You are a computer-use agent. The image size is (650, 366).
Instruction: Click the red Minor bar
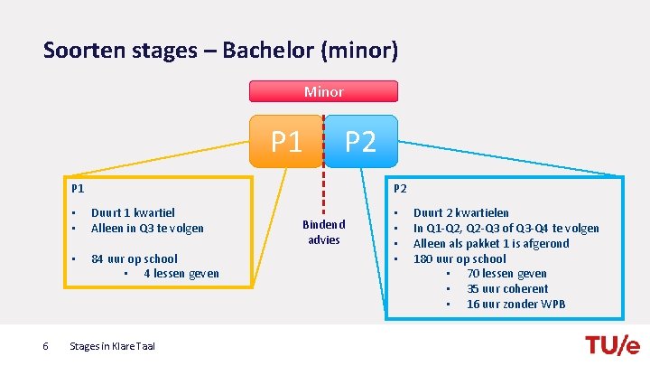click(x=323, y=91)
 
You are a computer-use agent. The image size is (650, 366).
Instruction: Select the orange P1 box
click(x=286, y=142)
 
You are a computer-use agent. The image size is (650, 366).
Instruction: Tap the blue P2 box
click(x=361, y=142)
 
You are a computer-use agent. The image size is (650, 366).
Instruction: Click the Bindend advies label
click(x=323, y=231)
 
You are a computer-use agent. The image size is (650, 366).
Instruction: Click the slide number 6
click(x=45, y=345)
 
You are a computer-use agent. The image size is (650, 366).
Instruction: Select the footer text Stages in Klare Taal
click(x=112, y=345)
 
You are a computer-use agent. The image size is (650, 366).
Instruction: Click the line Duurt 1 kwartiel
click(x=133, y=213)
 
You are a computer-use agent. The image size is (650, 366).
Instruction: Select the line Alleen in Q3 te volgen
click(x=147, y=228)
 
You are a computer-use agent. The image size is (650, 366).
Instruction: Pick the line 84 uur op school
click(x=135, y=258)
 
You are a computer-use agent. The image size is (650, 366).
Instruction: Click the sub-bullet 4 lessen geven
click(x=181, y=273)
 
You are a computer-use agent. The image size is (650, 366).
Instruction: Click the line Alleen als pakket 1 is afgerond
click(x=491, y=243)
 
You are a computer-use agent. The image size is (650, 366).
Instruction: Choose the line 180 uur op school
click(x=460, y=258)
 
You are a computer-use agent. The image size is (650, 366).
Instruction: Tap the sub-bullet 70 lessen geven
click(x=506, y=273)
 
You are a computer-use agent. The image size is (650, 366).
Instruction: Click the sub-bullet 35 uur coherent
click(x=507, y=288)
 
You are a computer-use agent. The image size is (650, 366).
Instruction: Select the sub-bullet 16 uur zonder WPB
click(x=515, y=304)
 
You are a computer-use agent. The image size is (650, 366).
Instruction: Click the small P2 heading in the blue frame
click(x=401, y=189)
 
